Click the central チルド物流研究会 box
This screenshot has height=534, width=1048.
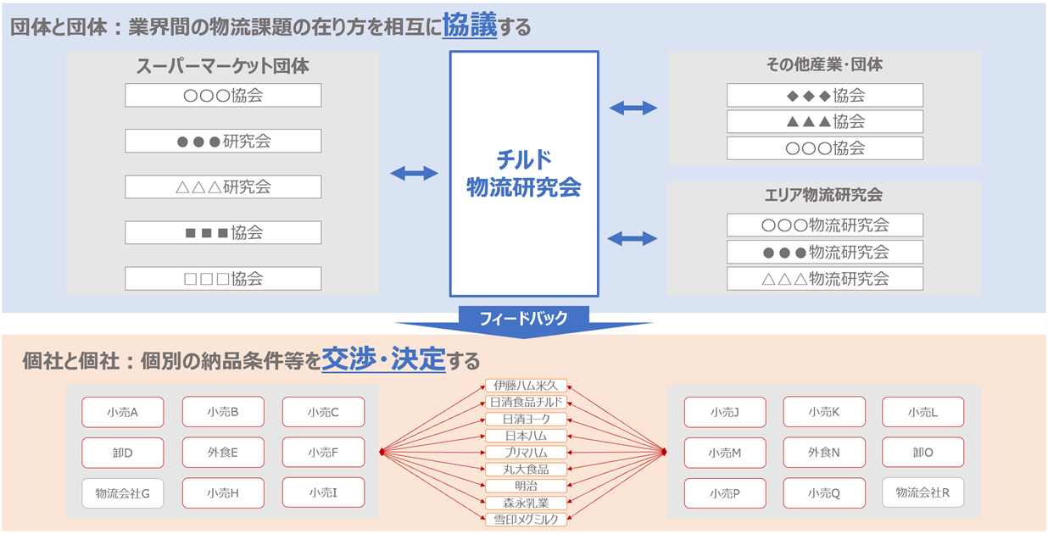tap(524, 173)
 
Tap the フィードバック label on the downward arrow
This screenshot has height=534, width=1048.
tap(523, 319)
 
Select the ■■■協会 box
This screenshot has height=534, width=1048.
tap(223, 232)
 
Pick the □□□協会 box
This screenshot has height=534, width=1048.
tap(223, 278)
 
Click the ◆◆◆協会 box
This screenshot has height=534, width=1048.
tap(824, 96)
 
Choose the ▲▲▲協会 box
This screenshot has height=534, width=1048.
tap(824, 122)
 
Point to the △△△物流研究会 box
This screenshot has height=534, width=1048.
tap(824, 278)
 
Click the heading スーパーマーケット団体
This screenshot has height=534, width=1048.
tap(223, 65)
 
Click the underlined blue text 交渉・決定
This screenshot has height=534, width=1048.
tap(383, 360)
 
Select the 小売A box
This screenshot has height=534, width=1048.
tap(123, 412)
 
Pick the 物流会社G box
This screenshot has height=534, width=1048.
tap(123, 493)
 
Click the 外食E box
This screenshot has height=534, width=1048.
tap(223, 453)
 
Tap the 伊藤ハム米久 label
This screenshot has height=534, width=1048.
tap(526, 386)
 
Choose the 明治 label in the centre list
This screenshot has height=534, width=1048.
tap(526, 486)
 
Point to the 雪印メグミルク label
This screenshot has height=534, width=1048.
tap(526, 519)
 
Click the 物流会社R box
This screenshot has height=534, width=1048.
tap(923, 492)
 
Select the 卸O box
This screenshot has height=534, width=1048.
tap(923, 453)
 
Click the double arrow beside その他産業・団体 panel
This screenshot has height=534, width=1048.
tap(633, 108)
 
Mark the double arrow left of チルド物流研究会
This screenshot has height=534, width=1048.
tap(414, 173)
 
